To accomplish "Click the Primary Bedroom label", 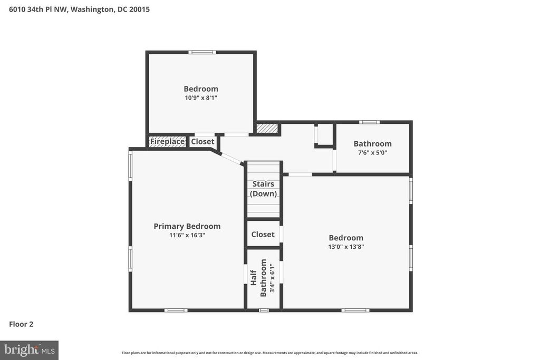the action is (187, 226).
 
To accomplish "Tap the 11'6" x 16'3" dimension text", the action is (187, 236).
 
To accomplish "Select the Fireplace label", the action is (167, 141).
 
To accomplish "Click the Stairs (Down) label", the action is (264, 189).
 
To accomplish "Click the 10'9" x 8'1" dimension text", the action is (201, 98).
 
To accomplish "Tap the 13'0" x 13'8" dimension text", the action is (346, 247).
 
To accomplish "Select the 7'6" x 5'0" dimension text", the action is (373, 152).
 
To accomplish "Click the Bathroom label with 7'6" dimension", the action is (373, 143).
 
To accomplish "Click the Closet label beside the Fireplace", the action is (202, 141).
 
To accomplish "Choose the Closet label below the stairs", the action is (263, 235).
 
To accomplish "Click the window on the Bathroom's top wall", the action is (370, 122).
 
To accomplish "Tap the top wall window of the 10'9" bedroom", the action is (202, 52).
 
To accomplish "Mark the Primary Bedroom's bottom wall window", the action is (176, 310).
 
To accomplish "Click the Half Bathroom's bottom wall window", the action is (264, 310).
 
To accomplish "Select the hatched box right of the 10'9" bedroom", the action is (267, 128).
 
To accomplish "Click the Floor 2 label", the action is (21, 324).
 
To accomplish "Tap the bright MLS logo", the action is (30, 351).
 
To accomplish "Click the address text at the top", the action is (79, 9).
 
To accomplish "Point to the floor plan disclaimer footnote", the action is (269, 353).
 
